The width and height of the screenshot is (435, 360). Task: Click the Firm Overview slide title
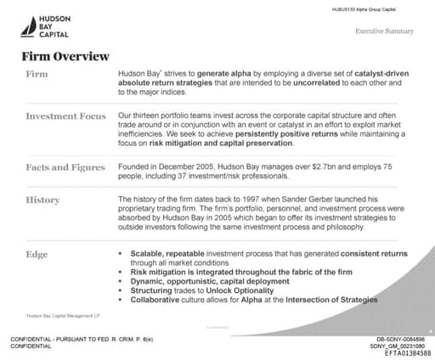(x=65, y=57)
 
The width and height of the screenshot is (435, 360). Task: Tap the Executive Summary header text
(x=384, y=31)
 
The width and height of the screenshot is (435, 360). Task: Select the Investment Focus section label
(x=65, y=115)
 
